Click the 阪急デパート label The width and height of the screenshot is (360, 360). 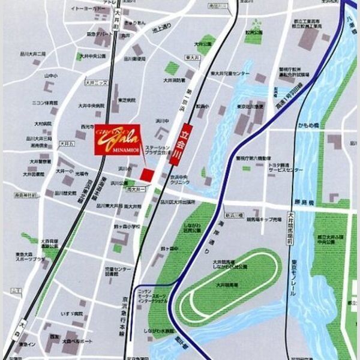click(100, 35)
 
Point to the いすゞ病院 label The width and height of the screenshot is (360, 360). click(71, 313)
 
